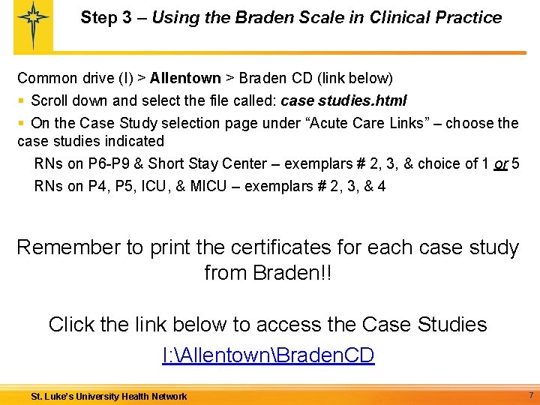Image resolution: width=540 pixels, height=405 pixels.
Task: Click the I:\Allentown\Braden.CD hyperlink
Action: click(268, 355)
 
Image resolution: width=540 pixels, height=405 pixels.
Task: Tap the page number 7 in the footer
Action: click(530, 394)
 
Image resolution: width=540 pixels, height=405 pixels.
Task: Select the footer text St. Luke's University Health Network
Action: click(109, 396)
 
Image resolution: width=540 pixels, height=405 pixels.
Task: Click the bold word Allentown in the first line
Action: click(185, 78)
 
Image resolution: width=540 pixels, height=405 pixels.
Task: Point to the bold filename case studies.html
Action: click(343, 100)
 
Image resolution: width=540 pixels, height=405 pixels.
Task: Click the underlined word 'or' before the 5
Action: click(501, 163)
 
